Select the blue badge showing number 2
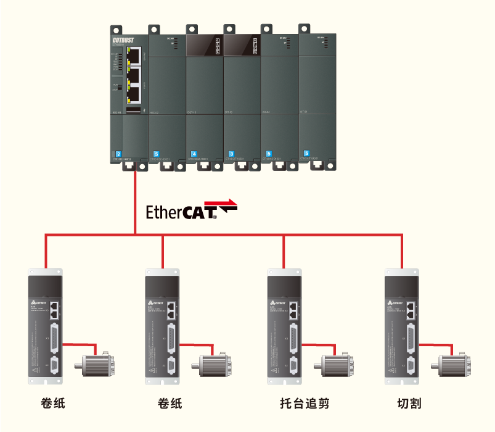coord(118,153)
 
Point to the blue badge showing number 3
coord(231,153)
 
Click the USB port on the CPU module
coord(133,110)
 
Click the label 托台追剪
coord(305,404)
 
